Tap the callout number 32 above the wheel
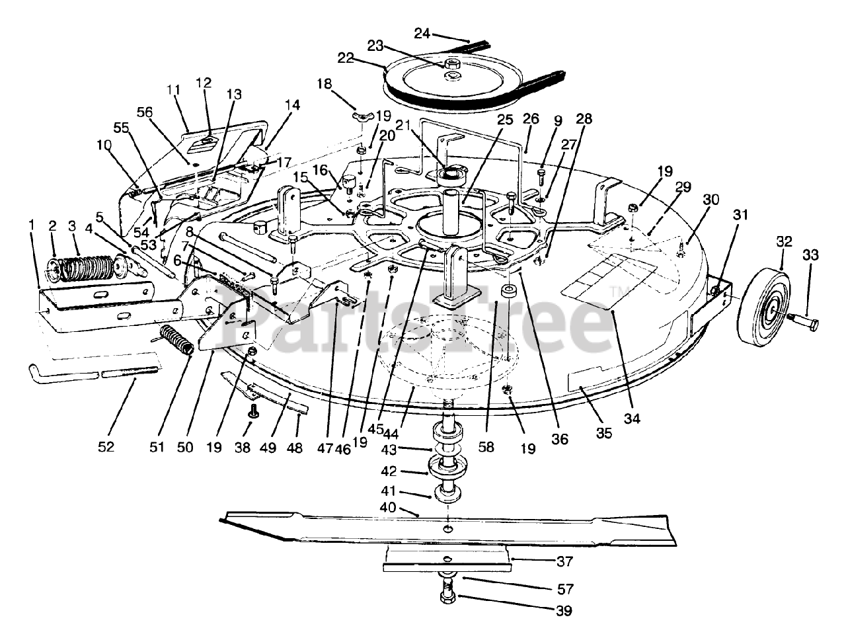[784, 242]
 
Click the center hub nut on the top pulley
[452, 64]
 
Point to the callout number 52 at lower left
[106, 447]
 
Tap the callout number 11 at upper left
[173, 89]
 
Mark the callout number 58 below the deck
[486, 447]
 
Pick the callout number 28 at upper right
[584, 119]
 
